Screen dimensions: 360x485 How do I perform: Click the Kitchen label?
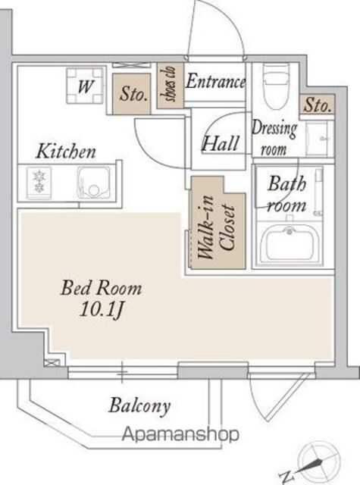pyautogui.click(x=66, y=152)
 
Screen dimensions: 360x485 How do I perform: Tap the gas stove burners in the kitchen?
pyautogui.click(x=39, y=183)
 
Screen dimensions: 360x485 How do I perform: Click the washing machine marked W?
pyautogui.click(x=85, y=86)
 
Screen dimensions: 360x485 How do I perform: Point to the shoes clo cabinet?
pyautogui.click(x=171, y=86)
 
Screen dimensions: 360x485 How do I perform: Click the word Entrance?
pyautogui.click(x=215, y=81)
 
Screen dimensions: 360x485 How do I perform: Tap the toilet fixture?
pyautogui.click(x=276, y=86)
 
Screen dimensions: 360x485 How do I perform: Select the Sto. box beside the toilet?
pyautogui.click(x=317, y=105)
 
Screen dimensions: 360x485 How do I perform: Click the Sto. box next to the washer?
pyautogui.click(x=132, y=94)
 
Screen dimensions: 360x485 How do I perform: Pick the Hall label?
pyautogui.click(x=221, y=143)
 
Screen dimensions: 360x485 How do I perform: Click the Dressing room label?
pyautogui.click(x=274, y=139)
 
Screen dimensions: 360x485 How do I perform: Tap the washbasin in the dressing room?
pyautogui.click(x=318, y=138)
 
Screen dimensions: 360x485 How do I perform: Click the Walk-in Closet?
pyautogui.click(x=218, y=223)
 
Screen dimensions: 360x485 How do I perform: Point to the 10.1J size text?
pyautogui.click(x=102, y=308)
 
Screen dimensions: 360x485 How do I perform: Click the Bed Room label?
pyautogui.click(x=101, y=288)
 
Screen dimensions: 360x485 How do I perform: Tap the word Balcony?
pyautogui.click(x=139, y=406)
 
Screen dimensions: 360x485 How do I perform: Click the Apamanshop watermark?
pyautogui.click(x=180, y=434)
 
